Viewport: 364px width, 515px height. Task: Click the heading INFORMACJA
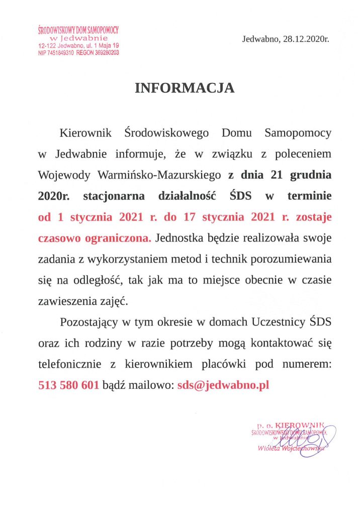185,89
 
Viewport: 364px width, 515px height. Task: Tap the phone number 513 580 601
68,386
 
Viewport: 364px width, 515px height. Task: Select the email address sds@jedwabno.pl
224,386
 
